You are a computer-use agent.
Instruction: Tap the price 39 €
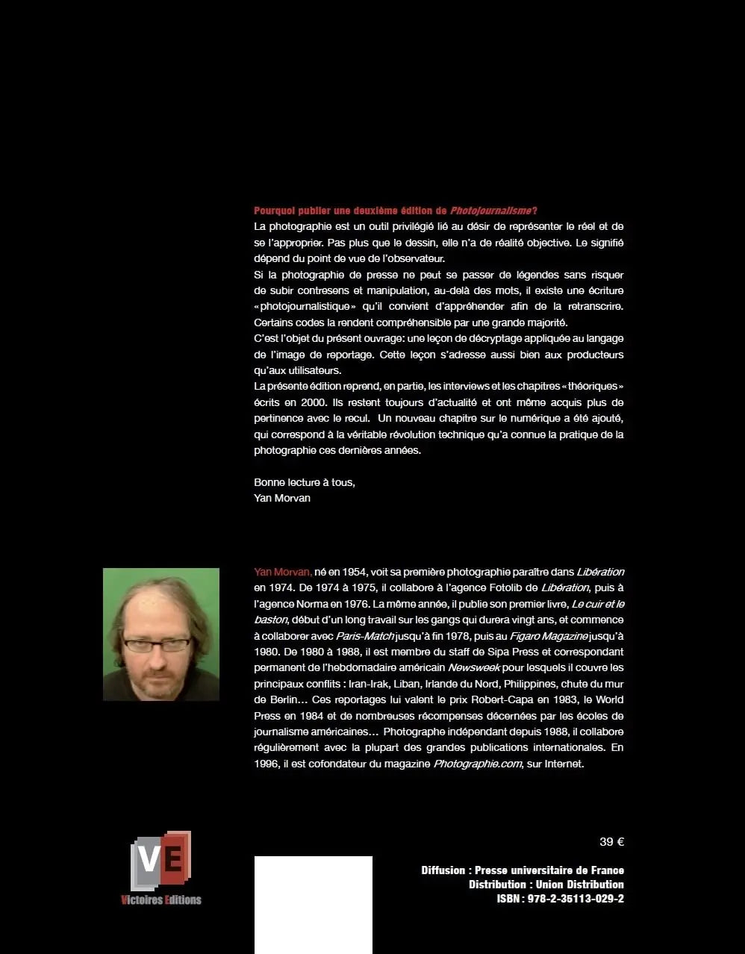[611, 842]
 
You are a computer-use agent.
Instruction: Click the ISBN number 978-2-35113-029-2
[576, 899]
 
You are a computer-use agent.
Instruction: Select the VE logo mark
[161, 860]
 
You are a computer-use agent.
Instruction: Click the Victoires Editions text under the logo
[161, 900]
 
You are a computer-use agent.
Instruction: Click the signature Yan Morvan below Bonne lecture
[282, 498]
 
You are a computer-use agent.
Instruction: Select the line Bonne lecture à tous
[305, 482]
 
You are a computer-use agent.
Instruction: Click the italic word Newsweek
[474, 667]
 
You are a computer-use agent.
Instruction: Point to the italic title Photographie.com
[478, 764]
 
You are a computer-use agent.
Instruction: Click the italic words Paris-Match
[364, 636]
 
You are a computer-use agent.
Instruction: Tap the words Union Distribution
[579, 885]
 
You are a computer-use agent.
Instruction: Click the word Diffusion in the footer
[443, 870]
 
